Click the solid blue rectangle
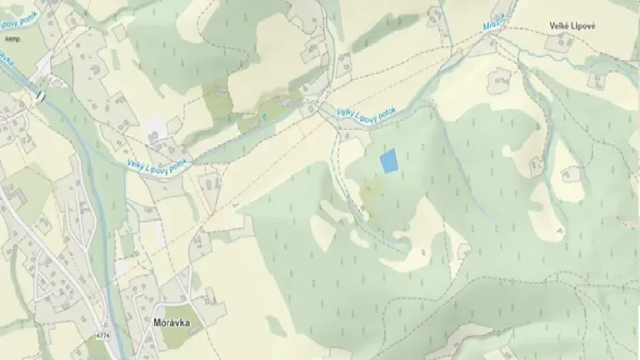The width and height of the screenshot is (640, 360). point(390,161)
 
